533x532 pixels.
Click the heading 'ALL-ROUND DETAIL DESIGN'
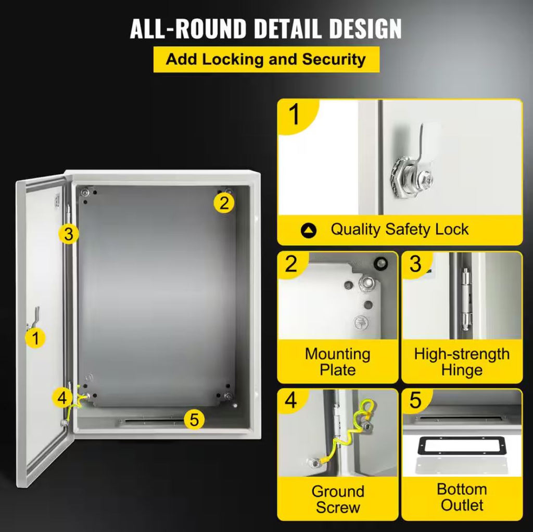point(266,29)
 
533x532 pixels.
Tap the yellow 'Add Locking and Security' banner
point(266,59)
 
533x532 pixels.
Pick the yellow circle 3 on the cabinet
point(69,234)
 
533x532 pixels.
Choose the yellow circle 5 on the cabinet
point(194,419)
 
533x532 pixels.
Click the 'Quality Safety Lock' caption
point(399,230)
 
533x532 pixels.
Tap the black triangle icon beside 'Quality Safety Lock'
point(309,230)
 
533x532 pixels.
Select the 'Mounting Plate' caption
point(337,362)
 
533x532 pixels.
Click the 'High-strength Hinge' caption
point(462,362)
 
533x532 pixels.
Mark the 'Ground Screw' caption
point(337,499)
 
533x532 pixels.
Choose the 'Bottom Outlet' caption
point(462,497)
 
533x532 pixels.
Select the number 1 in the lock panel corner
point(294,115)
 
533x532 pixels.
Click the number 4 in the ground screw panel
point(291,400)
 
